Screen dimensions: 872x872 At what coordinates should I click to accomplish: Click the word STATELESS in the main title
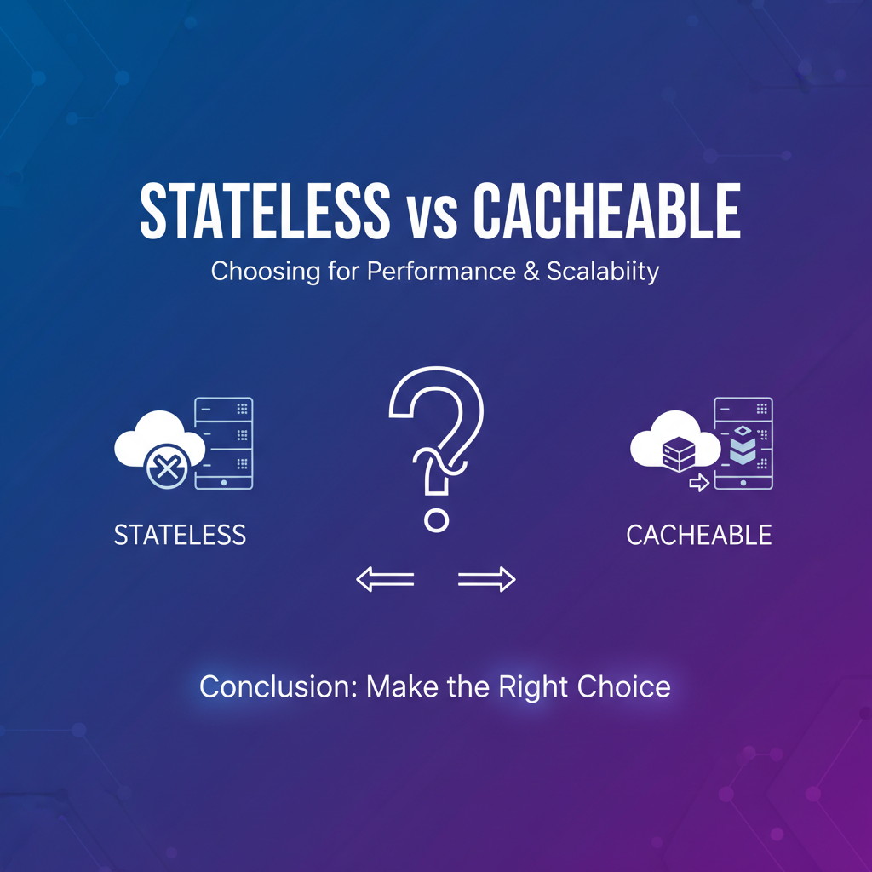(x=265, y=211)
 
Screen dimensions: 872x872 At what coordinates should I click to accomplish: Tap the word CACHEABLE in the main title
(x=606, y=211)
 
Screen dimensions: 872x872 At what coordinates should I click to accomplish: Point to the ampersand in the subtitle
(x=531, y=272)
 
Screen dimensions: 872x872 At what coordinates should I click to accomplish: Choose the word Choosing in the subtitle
(x=266, y=272)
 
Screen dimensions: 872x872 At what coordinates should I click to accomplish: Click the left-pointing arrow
(x=385, y=579)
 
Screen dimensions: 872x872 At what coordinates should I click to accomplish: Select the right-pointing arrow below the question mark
(x=486, y=579)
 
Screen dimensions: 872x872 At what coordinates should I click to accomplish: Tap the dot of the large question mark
(x=436, y=520)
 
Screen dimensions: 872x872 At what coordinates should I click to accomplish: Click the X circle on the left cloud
(x=167, y=468)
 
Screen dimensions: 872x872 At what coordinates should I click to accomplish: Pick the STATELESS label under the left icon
(x=180, y=535)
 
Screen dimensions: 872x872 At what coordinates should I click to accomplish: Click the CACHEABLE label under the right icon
(x=699, y=535)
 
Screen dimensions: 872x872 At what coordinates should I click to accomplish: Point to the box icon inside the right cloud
(x=679, y=454)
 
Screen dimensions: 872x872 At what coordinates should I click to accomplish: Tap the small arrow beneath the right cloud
(x=699, y=483)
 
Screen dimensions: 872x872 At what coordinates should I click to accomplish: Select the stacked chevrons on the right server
(x=743, y=445)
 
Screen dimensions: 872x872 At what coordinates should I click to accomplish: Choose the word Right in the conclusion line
(x=533, y=688)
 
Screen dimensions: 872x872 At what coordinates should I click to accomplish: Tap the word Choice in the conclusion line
(x=623, y=687)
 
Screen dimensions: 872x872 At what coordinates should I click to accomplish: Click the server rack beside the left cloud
(x=224, y=443)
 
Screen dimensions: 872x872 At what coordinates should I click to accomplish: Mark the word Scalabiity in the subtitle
(x=603, y=272)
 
